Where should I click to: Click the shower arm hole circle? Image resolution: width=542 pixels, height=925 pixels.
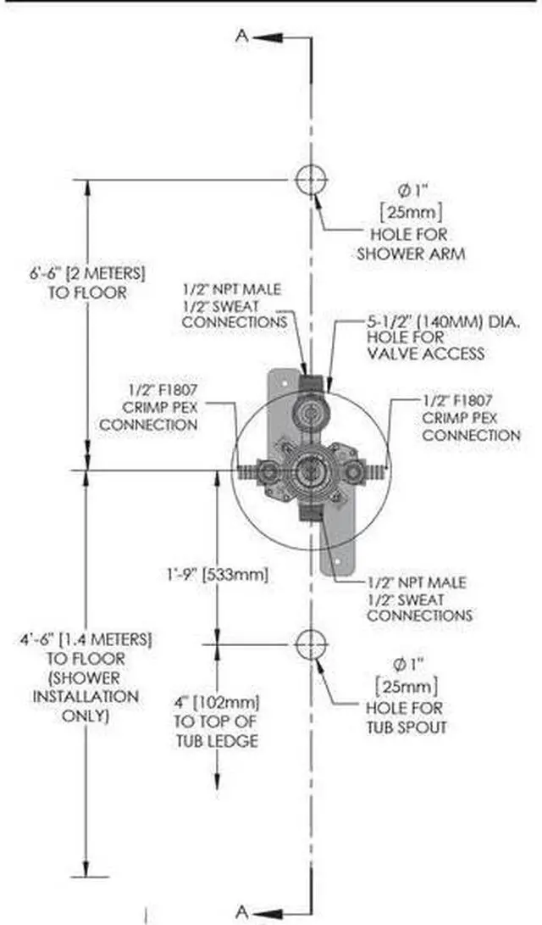311,180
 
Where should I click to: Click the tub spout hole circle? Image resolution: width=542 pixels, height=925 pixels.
311,644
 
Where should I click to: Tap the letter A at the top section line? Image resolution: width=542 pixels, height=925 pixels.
242,36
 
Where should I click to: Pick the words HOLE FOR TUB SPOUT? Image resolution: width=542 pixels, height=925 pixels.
404,717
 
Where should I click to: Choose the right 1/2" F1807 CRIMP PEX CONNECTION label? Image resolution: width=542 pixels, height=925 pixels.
471,416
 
